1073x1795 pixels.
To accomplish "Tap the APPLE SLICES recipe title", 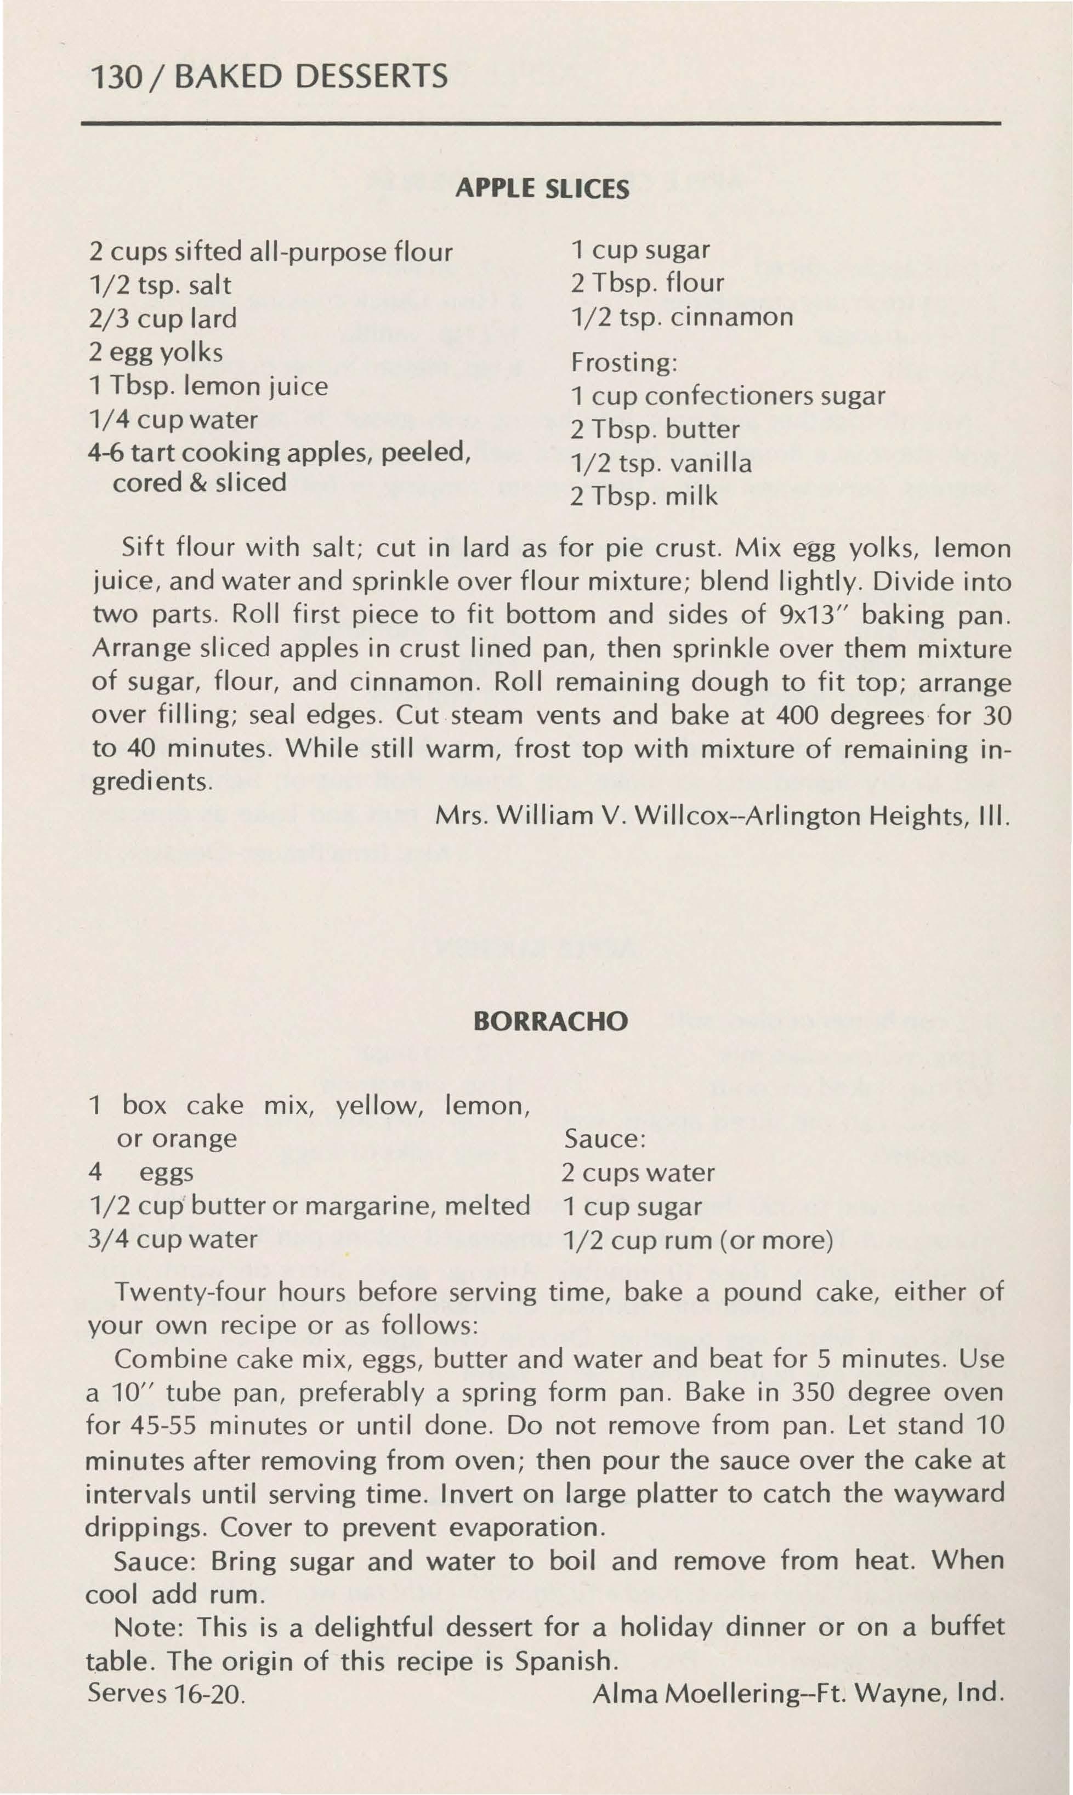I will point(542,189).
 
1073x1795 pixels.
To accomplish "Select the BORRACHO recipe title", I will point(550,1021).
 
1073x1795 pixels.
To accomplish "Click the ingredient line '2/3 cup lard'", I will point(163,318).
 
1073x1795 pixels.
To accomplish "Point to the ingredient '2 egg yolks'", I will point(156,352).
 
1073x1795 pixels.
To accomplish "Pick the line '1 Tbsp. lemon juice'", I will point(208,386).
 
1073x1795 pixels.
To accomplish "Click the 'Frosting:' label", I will point(624,362).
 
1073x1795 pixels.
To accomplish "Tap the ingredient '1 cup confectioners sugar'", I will point(728,396).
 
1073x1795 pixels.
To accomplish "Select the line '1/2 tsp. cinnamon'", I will point(682,317).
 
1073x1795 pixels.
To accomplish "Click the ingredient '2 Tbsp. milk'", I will point(644,497).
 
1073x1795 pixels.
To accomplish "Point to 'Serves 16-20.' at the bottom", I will point(166,1694).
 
